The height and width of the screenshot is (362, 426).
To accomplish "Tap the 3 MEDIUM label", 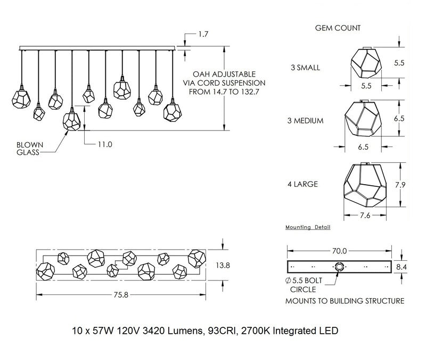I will point(305,121).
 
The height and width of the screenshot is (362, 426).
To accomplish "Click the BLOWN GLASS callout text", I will point(29,148).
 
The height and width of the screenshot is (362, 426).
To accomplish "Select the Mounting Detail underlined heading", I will point(308,227).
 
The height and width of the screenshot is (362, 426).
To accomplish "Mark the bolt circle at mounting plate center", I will point(339,266).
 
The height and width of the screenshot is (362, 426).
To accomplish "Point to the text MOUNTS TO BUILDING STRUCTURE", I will point(345,301).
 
